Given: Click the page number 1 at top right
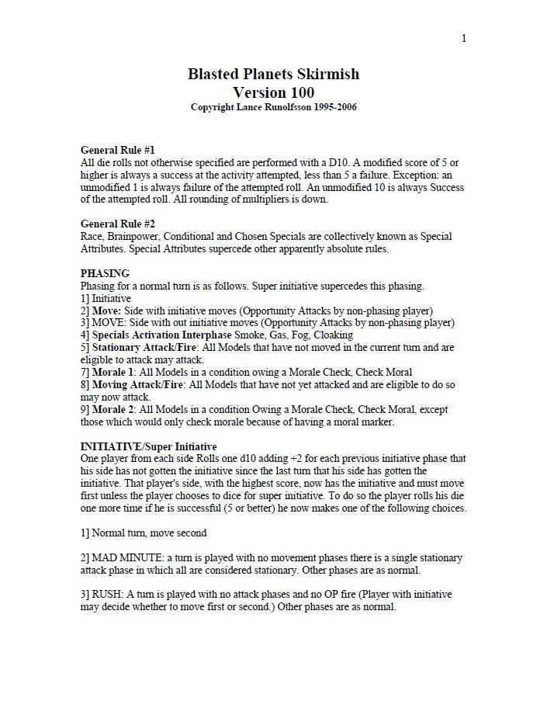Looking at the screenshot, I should coord(464,39).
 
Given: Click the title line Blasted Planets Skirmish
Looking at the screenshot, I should coord(273,75).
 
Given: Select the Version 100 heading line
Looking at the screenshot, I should coord(273,92).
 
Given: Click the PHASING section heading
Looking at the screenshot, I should coord(105,273).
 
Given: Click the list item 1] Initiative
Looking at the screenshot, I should coord(106,298).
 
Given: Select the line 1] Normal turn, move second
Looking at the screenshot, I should coord(144,533).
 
